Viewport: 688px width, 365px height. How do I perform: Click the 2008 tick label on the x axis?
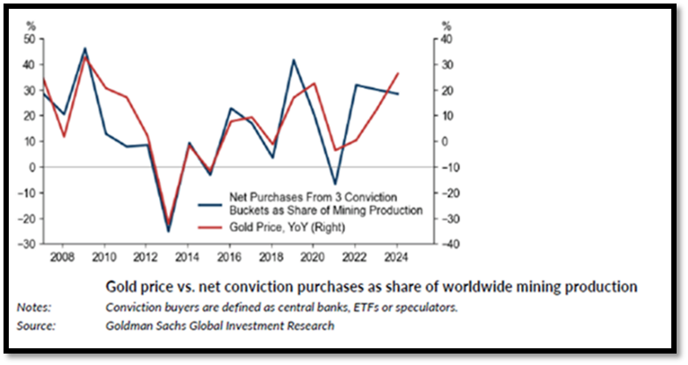coord(61,258)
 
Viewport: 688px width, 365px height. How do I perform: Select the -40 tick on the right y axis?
coord(447,244)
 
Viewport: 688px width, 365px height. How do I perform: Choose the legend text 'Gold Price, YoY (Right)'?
coord(281,227)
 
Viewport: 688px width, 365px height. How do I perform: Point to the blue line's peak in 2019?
coord(293,60)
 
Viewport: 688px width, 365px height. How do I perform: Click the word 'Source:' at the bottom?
coord(36,325)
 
